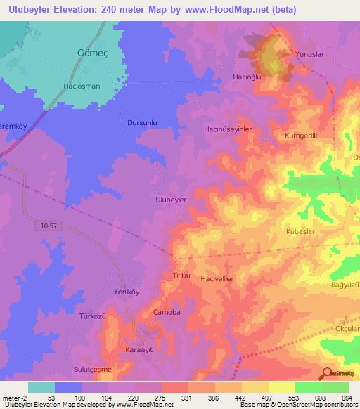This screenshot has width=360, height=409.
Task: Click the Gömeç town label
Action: pos(88,53)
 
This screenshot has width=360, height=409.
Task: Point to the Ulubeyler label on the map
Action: pos(170,200)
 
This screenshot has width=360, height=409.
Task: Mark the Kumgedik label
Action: pos(302,134)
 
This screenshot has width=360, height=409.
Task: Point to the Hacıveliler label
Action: pos(217,279)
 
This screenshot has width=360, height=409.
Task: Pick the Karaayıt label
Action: pos(139,349)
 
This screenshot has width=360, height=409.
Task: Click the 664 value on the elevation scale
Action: pos(347,398)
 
